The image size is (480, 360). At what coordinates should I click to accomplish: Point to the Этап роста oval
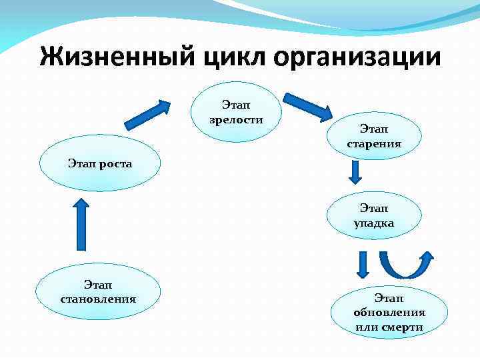point(100,163)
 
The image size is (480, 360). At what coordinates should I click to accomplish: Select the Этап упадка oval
point(374,217)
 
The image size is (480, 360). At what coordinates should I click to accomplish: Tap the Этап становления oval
point(98,291)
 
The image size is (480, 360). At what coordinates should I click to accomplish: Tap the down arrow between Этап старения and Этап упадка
point(355,172)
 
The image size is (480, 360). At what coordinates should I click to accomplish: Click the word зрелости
point(235,120)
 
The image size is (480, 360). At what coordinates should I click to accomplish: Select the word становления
point(98,298)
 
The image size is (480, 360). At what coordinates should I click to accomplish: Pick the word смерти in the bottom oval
point(402,327)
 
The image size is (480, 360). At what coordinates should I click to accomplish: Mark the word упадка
point(374,223)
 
